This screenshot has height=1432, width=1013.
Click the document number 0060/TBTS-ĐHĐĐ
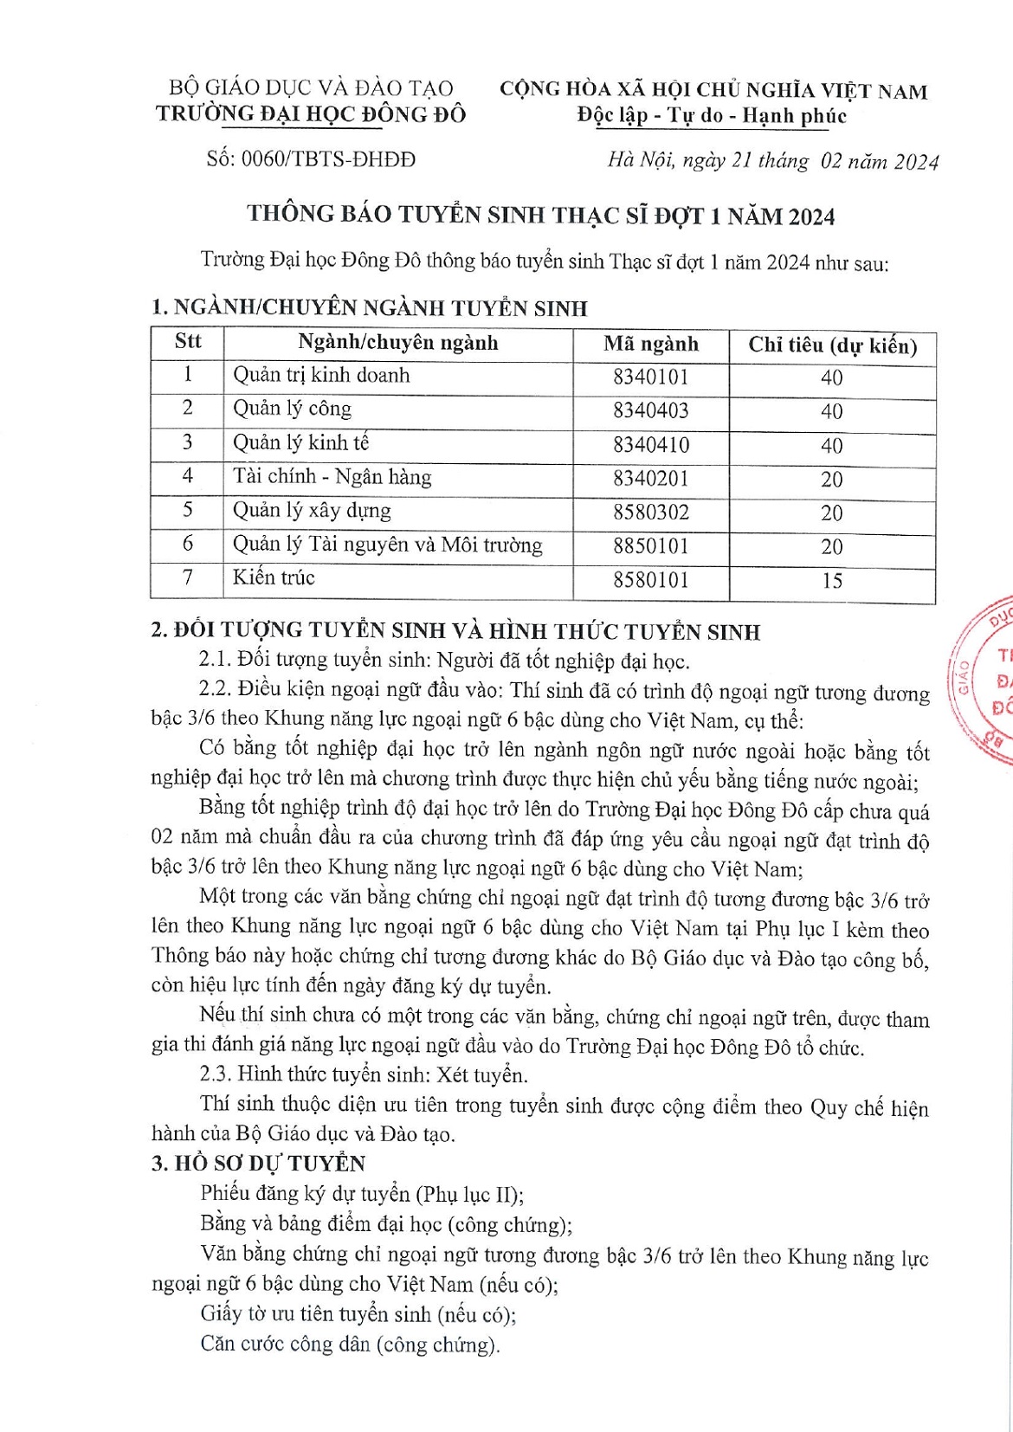(x=311, y=159)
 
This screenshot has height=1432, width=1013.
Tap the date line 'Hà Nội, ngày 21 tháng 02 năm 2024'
(x=772, y=161)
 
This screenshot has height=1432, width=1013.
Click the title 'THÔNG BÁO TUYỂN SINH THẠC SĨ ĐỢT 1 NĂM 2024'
(x=541, y=215)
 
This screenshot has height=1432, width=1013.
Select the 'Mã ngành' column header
(x=650, y=344)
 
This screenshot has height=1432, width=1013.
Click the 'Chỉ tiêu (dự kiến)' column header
(x=832, y=345)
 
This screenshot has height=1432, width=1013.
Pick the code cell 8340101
(x=650, y=377)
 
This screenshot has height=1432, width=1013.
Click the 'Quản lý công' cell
(x=293, y=409)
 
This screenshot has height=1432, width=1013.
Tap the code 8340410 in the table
(x=650, y=444)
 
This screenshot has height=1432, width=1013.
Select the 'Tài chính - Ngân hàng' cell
(x=332, y=477)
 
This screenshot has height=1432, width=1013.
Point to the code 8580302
(x=650, y=512)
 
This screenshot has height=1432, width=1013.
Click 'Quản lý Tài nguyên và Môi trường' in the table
(x=387, y=545)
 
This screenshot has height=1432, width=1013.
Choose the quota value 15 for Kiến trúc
(x=831, y=580)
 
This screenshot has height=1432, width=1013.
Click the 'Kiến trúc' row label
(x=274, y=577)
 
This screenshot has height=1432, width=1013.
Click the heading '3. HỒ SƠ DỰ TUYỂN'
(x=258, y=1163)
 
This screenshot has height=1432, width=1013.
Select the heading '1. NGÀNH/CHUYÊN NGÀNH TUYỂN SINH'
(x=369, y=307)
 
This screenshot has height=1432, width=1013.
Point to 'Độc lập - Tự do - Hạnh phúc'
(x=712, y=115)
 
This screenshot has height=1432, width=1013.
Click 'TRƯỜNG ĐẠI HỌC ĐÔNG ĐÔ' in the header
(x=311, y=113)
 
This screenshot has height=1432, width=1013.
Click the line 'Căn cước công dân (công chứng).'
(x=351, y=1344)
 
